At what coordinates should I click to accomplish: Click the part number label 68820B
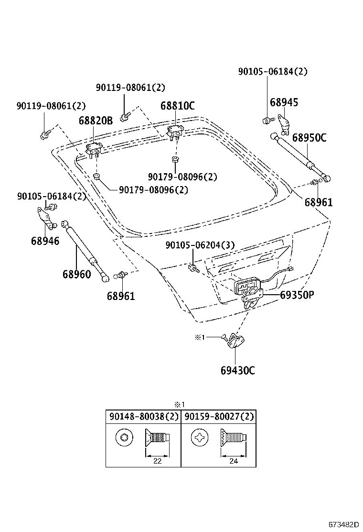[96, 121]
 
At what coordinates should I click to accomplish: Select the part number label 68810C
[177, 106]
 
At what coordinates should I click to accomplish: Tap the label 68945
[284, 102]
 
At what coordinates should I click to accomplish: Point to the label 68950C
[309, 138]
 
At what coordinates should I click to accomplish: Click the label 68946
[45, 241]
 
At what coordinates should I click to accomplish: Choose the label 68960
[76, 275]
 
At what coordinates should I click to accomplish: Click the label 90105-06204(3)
[200, 245]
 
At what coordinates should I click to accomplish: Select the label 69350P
[297, 295]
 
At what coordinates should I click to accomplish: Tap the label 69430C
[238, 370]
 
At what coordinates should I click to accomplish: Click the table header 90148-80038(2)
[143, 417]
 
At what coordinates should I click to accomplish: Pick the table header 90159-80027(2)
[219, 417]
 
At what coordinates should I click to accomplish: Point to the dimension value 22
[157, 461]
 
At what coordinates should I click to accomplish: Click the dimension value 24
[233, 461]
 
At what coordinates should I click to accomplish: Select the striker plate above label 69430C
[236, 341]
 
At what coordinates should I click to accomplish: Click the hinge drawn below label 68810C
[175, 131]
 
